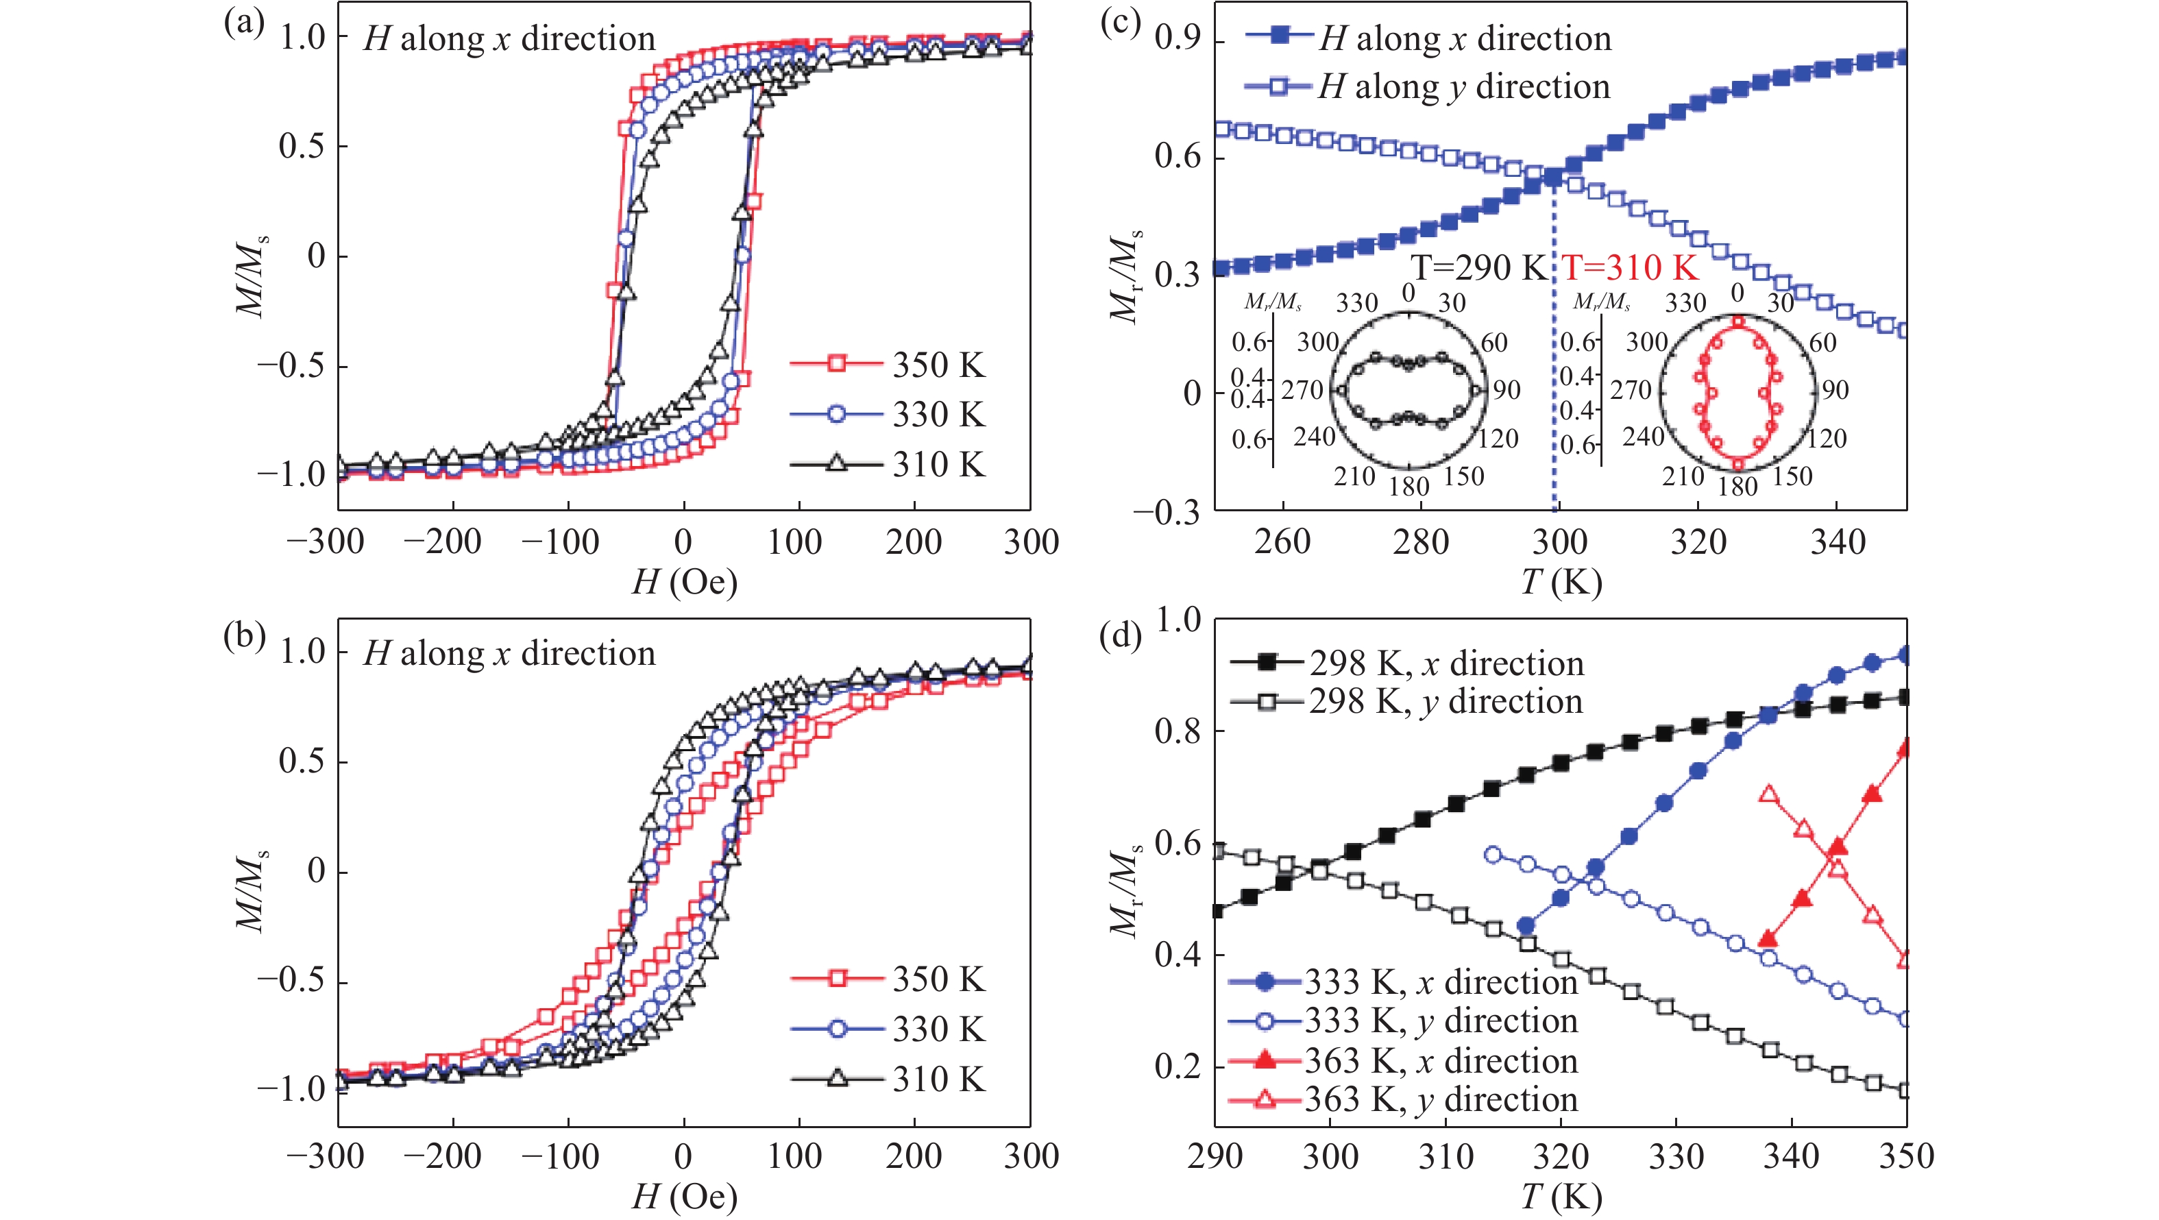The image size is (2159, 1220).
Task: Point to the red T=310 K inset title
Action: pyautogui.click(x=1630, y=267)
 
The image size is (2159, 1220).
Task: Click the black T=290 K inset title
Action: pyautogui.click(x=1479, y=267)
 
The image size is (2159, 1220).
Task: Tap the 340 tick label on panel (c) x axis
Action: pyautogui.click(x=1837, y=542)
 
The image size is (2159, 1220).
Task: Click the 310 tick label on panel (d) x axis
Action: pyautogui.click(x=1446, y=1156)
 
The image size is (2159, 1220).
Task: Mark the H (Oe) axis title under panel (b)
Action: pyautogui.click(x=684, y=1197)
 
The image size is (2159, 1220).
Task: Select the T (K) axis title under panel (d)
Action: pyautogui.click(x=1561, y=1197)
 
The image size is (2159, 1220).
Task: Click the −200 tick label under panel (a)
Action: pyautogui.click(x=443, y=542)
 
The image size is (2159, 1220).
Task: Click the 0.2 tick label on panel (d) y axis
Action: pyautogui.click(x=1177, y=1066)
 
